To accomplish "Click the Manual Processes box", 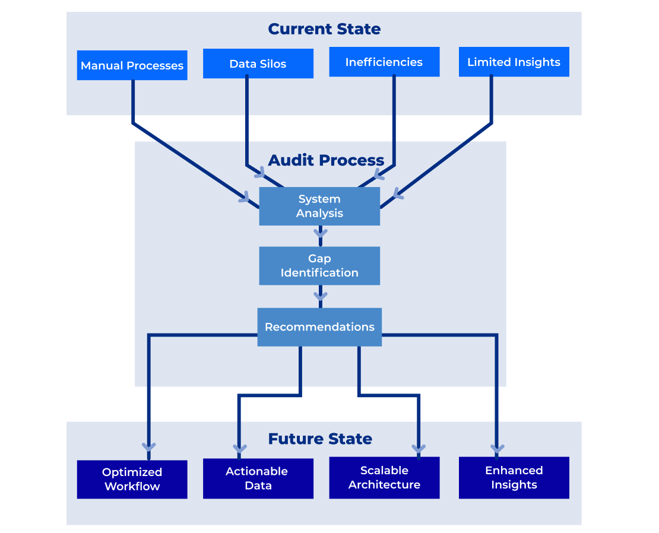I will (x=132, y=65).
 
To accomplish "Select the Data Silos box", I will (x=258, y=64).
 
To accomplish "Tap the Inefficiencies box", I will (x=384, y=62).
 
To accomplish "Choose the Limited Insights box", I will (x=514, y=62).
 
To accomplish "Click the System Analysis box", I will (x=319, y=206).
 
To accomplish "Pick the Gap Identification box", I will (x=319, y=266).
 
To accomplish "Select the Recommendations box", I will (x=319, y=327).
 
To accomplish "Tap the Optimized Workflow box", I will (x=132, y=479).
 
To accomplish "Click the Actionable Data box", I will (x=258, y=478).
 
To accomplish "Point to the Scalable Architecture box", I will (x=384, y=477).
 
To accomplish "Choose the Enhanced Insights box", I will (x=514, y=477).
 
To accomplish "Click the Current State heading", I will (x=324, y=28).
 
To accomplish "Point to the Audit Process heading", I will (x=326, y=160).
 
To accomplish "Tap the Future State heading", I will (x=320, y=439).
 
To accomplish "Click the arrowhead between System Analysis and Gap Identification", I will (x=321, y=233).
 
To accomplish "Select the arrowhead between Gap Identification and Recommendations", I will (x=321, y=294).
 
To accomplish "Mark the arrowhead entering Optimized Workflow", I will (x=148, y=446).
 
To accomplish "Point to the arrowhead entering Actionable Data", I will (x=239, y=448).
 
